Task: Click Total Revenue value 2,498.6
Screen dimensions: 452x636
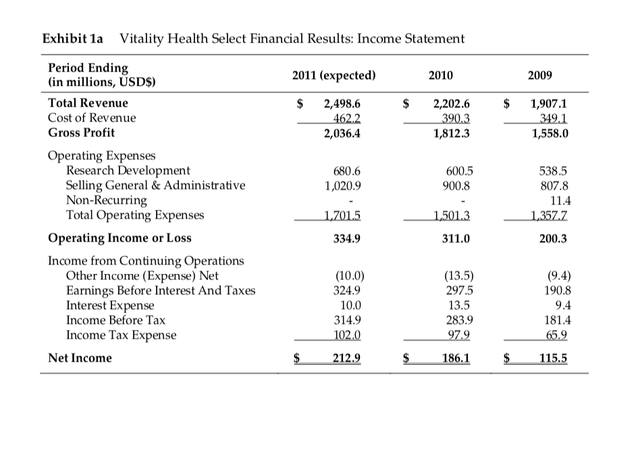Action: [x=342, y=104]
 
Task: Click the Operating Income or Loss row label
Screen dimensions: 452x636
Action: [x=120, y=237]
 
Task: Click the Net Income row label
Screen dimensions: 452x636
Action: [x=80, y=358]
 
